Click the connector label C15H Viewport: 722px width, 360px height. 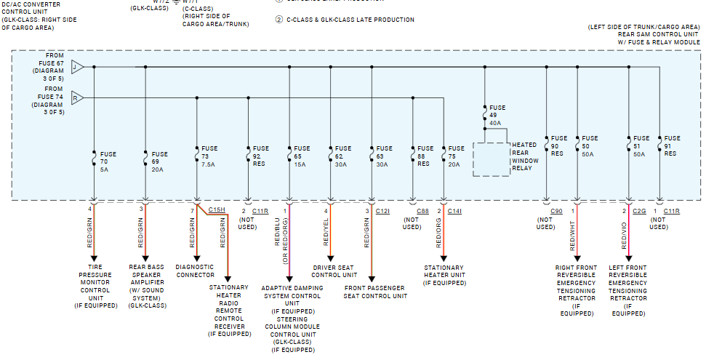(217, 209)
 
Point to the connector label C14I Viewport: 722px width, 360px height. (454, 211)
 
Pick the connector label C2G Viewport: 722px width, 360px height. (639, 211)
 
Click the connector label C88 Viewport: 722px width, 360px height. (422, 211)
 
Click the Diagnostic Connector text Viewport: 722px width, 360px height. (195, 271)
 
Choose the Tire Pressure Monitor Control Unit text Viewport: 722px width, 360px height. (95, 287)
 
